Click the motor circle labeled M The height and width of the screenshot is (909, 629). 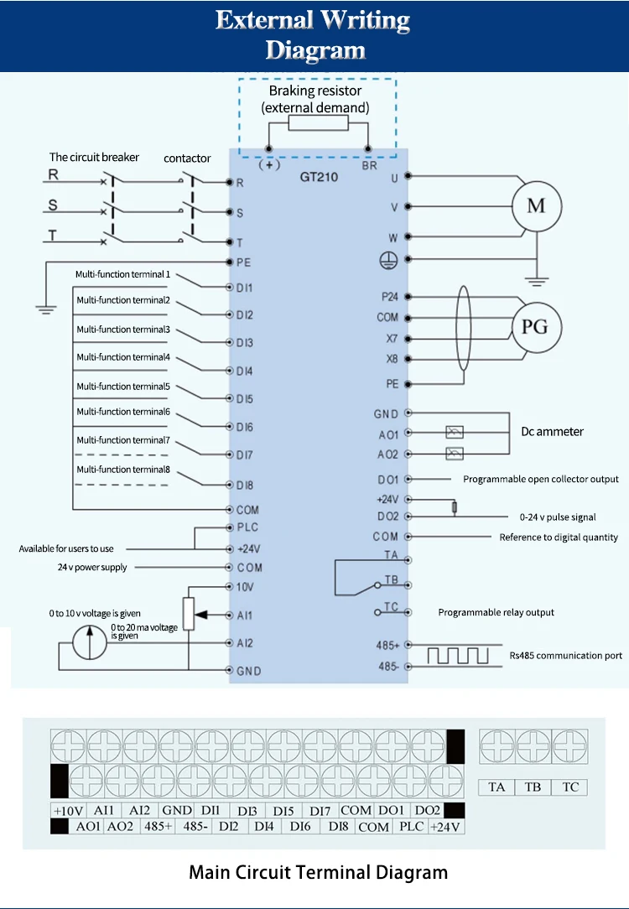[x=536, y=206]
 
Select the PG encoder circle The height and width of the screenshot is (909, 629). [x=536, y=326]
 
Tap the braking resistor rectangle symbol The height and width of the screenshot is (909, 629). [x=318, y=124]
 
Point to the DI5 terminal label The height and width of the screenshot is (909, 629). [x=244, y=399]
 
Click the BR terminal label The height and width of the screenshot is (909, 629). [x=369, y=165]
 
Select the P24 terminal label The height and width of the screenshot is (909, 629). [x=389, y=296]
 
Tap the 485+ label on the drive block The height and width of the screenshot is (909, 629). [x=388, y=646]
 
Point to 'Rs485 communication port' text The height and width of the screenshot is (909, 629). [x=566, y=656]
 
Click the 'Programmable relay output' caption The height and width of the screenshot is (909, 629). [x=496, y=612]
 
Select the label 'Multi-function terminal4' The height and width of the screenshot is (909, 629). [x=123, y=357]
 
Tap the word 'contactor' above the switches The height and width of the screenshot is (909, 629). [x=187, y=158]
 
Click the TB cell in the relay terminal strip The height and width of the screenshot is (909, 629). [x=533, y=787]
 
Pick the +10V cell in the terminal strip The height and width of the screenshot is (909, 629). [x=68, y=811]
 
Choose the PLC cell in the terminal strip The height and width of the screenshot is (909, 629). [x=411, y=827]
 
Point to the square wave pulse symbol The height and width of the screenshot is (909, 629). [x=458, y=655]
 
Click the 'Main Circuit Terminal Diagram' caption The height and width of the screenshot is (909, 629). [x=318, y=872]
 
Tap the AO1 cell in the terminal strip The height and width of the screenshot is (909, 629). [x=88, y=827]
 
